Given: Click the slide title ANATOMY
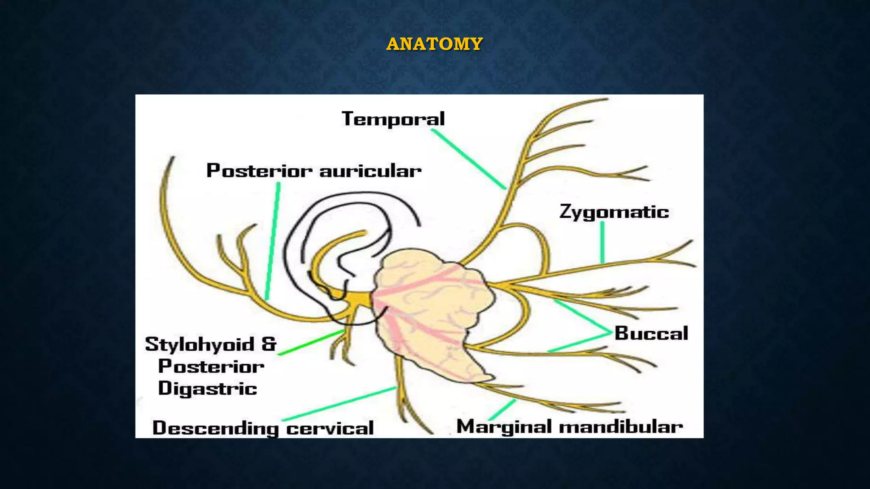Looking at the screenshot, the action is coord(434,44).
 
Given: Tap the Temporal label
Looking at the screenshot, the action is coord(393,119).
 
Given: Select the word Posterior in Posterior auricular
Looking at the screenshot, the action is coord(259,171).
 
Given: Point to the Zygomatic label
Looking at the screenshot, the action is coord(614,212).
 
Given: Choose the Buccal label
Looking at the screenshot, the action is coord(651,333).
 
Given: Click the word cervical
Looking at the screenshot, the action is coord(330,428).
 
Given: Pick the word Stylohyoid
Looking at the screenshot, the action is coord(200,344).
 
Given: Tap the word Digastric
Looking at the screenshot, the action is coord(207,389).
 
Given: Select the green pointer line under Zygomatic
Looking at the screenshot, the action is coord(602,242).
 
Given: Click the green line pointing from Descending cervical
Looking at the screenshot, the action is coord(340,404).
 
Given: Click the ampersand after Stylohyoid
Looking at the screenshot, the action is coord(269,344).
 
